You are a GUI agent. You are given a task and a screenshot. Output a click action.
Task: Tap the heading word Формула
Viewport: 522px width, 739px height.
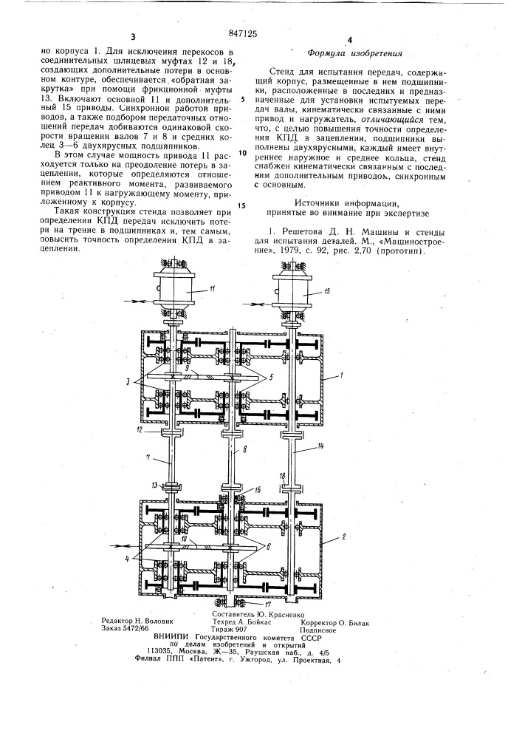point(329,53)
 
